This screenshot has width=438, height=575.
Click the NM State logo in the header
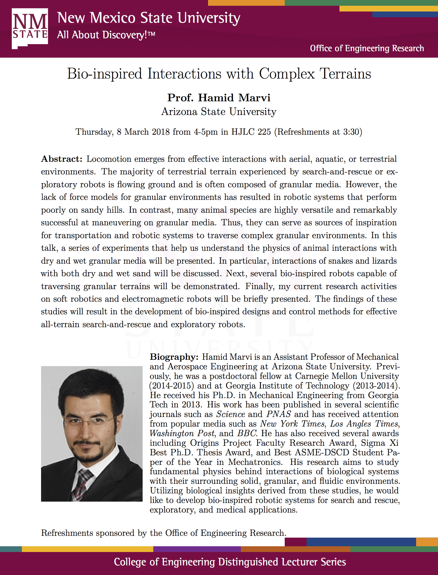click(30, 28)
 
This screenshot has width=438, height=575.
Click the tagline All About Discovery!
click(106, 35)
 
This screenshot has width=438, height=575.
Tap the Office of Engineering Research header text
click(367, 48)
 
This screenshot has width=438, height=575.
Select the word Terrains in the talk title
click(345, 74)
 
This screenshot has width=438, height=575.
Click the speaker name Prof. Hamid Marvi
click(219, 98)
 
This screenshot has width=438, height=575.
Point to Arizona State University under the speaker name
click(219, 112)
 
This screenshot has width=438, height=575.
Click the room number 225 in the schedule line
click(264, 132)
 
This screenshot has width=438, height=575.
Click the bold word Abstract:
click(62, 159)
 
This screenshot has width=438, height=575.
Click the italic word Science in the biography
click(230, 414)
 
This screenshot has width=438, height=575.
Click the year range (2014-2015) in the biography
click(172, 386)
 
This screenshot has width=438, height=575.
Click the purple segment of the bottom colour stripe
click(197, 549)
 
